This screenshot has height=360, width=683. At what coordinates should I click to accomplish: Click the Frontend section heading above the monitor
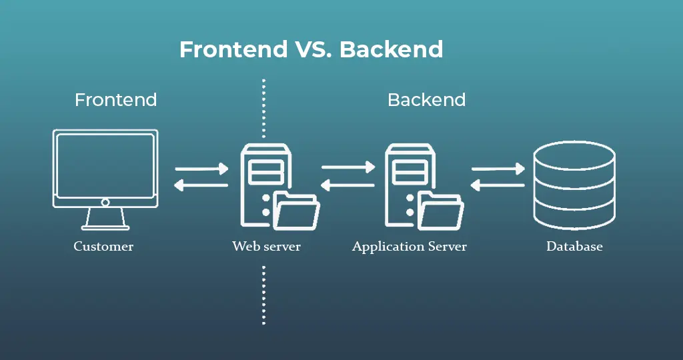pos(115,100)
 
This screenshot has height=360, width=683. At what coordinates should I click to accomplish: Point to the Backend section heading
pos(426,100)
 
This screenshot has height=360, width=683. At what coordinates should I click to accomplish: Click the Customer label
pos(103,247)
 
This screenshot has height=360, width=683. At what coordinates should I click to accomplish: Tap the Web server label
pos(266,247)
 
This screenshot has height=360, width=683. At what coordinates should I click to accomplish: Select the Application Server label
pos(409,247)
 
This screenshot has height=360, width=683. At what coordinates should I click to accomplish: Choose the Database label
pos(574,247)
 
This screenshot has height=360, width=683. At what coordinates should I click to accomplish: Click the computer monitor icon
pos(105,167)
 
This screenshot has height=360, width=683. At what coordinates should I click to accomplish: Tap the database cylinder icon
pos(574,184)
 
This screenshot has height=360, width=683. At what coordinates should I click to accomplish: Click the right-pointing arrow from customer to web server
pos(201,169)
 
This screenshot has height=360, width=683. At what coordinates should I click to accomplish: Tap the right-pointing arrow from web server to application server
pos(348,169)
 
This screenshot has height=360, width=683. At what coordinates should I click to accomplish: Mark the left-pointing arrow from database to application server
pos(498,185)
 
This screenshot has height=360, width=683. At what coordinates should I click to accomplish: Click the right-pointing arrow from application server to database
pos(498,169)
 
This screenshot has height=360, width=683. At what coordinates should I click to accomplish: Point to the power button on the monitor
pos(105,202)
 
